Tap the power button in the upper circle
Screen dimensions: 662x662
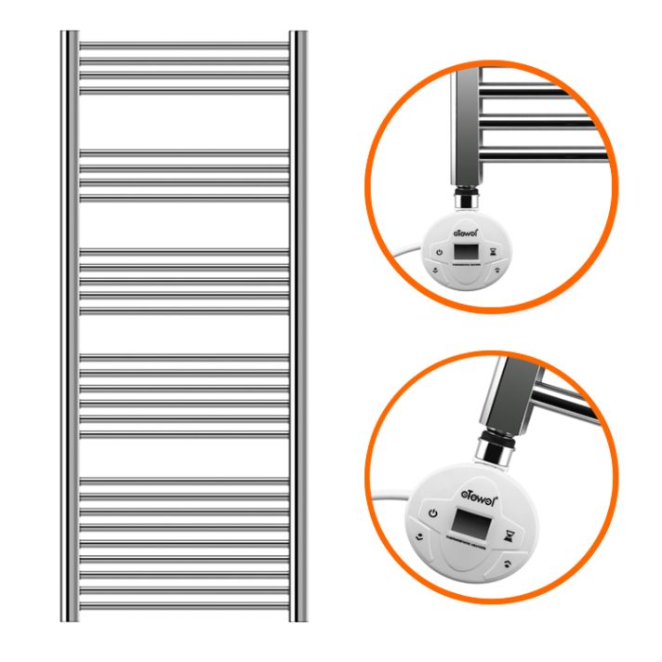click(x=437, y=250)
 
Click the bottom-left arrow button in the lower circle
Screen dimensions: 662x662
click(x=422, y=536)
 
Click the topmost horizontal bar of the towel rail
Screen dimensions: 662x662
click(x=183, y=43)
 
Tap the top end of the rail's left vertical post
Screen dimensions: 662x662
click(x=69, y=34)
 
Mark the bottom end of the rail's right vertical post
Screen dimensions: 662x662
click(x=298, y=616)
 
